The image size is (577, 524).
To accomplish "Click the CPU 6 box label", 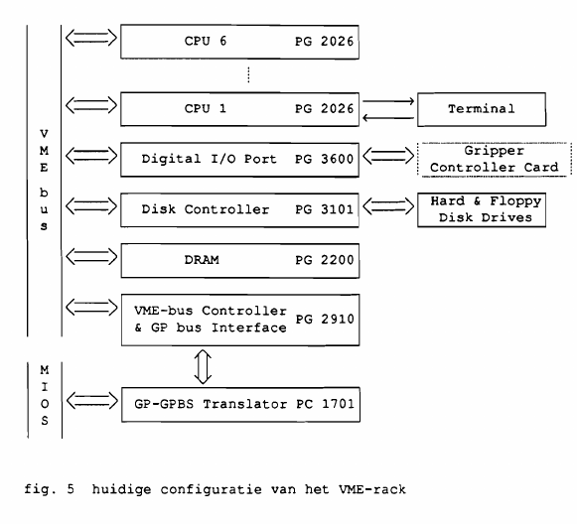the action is point(206,41).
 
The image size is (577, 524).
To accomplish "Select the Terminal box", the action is point(482,109).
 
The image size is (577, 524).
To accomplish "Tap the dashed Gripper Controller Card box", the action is point(495,159).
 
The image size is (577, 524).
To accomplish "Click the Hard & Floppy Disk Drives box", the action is point(482,210).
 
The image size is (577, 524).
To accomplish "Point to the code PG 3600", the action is point(324,159).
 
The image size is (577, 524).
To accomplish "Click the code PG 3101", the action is point(324,209).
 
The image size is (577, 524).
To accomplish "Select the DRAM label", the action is point(202,260).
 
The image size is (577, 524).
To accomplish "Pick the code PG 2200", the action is point(324,260).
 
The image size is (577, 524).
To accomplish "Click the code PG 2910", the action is point(325,320).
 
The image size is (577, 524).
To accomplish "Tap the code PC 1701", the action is point(325,404).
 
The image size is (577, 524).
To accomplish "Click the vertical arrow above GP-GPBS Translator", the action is point(203,366).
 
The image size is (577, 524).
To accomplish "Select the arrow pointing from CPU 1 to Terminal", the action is point(388,101).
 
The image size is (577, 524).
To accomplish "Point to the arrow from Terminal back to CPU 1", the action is point(388,118).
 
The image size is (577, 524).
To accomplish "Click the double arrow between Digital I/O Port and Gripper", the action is point(388,156).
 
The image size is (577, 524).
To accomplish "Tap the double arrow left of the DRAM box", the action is point(91,257).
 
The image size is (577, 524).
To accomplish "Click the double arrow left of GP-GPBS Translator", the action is point(92,401).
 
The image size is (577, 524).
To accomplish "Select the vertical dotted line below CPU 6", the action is point(248,75).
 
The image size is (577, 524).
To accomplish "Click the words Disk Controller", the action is point(206,209).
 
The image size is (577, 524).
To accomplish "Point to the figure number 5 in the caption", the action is point(71,489).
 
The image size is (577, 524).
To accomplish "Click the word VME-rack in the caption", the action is point(372,489).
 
